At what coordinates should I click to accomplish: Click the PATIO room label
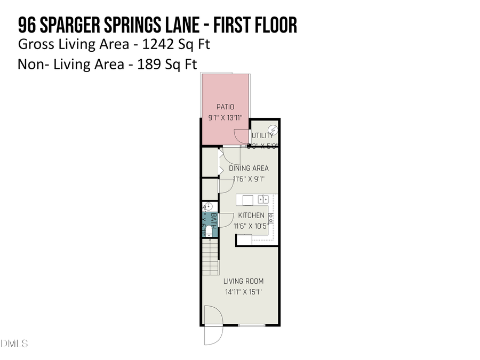pyautogui.click(x=225, y=107)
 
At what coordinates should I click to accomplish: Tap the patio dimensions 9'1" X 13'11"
pyautogui.click(x=225, y=118)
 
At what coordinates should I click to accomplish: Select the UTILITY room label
pyautogui.click(x=262, y=135)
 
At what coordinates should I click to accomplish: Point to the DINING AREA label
pyautogui.click(x=249, y=169)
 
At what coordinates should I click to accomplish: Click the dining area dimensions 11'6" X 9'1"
pyautogui.click(x=249, y=180)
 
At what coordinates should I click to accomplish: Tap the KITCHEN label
pyautogui.click(x=251, y=215)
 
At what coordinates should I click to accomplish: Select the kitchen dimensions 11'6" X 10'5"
pyautogui.click(x=251, y=226)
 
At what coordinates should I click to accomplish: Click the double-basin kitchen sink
pyautogui.click(x=262, y=199)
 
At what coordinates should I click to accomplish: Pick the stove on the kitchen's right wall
pyautogui.click(x=271, y=217)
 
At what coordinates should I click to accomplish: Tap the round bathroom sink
pyautogui.click(x=209, y=206)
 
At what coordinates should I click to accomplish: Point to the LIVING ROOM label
pyautogui.click(x=243, y=281)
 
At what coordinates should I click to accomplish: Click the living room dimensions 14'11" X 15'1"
pyautogui.click(x=243, y=292)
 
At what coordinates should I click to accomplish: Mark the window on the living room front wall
pyautogui.click(x=251, y=325)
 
